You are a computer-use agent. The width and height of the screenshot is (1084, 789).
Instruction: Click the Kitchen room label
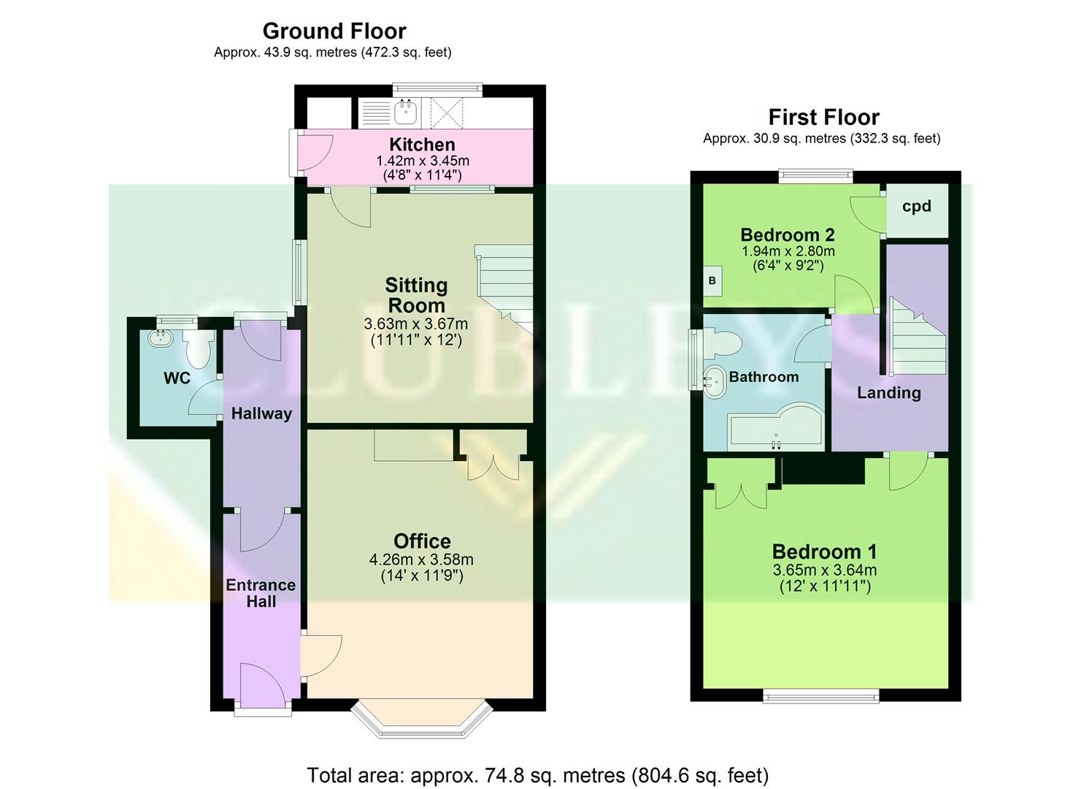click(x=422, y=145)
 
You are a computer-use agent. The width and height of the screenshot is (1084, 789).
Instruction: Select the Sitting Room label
click(x=416, y=295)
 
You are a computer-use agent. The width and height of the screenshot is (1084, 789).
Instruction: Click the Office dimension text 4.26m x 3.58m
click(x=421, y=560)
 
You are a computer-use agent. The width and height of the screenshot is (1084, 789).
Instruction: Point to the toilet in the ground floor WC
click(x=198, y=350)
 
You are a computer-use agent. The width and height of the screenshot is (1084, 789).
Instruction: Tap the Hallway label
click(x=261, y=413)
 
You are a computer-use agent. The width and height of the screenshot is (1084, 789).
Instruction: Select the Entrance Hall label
click(x=261, y=593)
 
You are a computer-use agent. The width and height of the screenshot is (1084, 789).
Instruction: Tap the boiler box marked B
click(x=712, y=281)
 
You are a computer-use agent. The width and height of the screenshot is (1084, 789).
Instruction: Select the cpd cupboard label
click(x=917, y=206)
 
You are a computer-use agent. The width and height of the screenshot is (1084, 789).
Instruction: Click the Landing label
click(x=888, y=393)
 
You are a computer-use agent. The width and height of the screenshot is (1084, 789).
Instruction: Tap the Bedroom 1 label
click(x=824, y=552)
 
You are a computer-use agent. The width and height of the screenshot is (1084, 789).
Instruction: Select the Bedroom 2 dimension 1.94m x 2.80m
click(x=788, y=251)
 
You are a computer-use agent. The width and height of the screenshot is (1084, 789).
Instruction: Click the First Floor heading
click(x=823, y=117)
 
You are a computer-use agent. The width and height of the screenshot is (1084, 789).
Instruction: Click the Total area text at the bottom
click(x=537, y=775)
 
